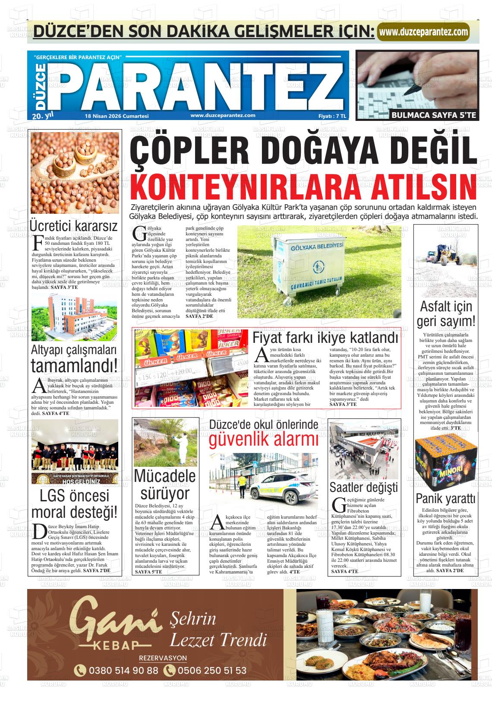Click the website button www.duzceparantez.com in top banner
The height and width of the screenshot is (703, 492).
(423, 32)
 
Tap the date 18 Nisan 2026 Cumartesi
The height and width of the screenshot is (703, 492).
(117, 116)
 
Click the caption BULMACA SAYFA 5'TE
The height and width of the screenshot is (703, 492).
(434, 115)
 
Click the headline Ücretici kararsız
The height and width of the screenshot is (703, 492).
(74, 226)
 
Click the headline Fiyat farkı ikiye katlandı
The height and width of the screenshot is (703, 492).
(325, 337)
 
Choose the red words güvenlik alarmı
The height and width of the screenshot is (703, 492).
(264, 440)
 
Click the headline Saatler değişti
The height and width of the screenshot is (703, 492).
(363, 488)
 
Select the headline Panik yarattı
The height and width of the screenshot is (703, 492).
(445, 499)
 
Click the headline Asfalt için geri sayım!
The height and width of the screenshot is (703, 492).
(446, 314)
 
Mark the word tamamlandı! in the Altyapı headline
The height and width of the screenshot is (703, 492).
(74, 366)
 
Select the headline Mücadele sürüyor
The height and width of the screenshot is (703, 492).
(165, 484)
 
